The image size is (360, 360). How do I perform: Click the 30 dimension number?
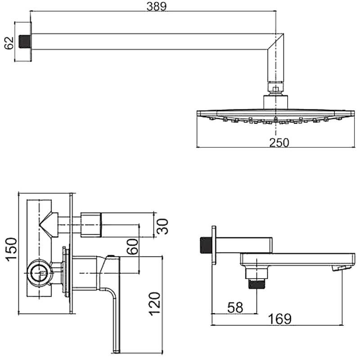pyautogui.click(x=162, y=226)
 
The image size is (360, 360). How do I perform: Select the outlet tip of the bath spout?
pyautogui.click(x=338, y=268)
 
